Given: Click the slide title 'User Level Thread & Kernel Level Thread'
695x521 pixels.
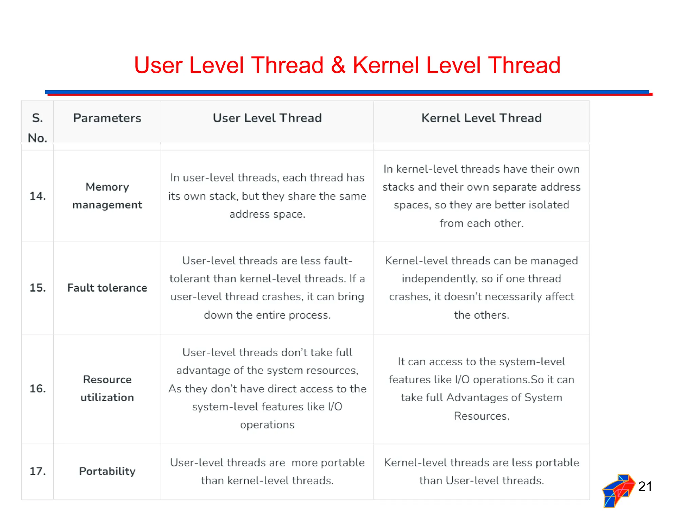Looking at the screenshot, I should pos(347,65).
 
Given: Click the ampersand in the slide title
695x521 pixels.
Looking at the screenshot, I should pos(338,65).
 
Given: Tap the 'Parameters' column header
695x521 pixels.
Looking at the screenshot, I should pos(107,118).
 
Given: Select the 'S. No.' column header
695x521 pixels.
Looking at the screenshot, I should pos(37,128).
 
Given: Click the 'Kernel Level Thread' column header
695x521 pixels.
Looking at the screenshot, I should pos(481,118).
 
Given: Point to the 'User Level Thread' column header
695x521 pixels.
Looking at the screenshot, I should pos(267,118).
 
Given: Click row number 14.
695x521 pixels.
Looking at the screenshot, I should pos(37,196).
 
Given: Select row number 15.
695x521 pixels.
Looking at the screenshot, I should pos(37,288).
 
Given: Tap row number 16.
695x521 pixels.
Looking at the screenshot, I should pos(37,388).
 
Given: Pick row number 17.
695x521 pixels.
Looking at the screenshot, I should pos(37,471).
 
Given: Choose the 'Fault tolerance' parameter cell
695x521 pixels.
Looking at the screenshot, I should pos(107,288).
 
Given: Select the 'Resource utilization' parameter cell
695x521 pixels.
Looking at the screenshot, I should pos(107,388).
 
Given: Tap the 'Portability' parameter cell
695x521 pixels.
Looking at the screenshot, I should pos(107,471).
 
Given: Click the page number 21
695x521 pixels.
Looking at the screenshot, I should pos(645,486).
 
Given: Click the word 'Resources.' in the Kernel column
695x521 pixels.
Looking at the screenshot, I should pos(481,416).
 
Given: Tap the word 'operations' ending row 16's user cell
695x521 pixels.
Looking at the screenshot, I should pos(267,425).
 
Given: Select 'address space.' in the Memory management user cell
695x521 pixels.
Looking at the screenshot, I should pos(267,214).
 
